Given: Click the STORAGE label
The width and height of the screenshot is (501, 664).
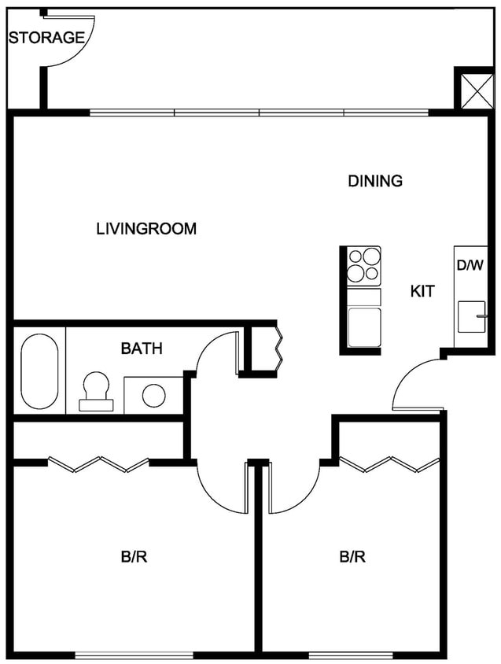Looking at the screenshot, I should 46,37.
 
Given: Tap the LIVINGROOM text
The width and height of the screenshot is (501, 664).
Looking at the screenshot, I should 146,229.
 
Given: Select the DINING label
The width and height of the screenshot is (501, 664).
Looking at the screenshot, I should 375,181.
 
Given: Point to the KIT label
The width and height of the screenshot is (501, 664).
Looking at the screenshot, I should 422,291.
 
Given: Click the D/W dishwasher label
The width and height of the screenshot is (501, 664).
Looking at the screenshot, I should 470,265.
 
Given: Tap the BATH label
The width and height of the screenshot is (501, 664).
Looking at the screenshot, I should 142,348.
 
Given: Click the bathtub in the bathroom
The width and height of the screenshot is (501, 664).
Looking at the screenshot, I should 39,371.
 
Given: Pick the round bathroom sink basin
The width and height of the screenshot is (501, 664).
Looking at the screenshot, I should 153,395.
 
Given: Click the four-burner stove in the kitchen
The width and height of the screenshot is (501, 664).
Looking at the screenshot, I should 364,265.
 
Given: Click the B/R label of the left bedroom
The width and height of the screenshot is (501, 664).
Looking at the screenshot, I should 134,557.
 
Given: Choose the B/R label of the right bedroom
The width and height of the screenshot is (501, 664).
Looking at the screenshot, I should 352,557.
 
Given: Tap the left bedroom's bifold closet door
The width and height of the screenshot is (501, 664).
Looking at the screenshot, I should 98,464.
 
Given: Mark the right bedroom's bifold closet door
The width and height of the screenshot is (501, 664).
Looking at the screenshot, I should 389,464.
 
